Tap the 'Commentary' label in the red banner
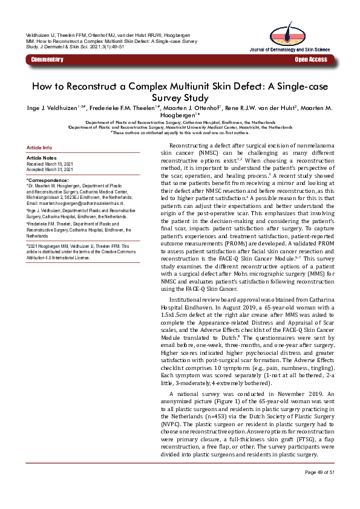[47, 60]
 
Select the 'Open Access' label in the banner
[311, 60]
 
